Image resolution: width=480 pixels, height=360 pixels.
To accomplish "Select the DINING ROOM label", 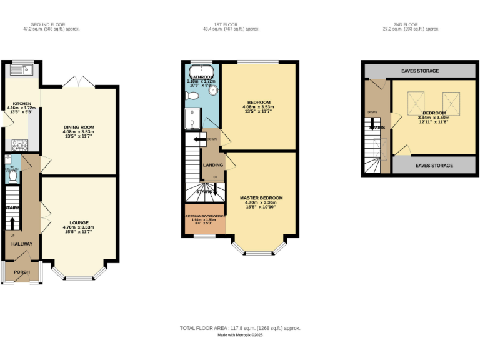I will [79, 127].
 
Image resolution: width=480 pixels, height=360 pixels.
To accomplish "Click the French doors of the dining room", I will [78, 82].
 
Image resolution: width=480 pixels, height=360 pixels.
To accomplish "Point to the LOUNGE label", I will [79, 222].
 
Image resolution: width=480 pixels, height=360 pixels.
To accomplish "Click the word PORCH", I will [22, 272].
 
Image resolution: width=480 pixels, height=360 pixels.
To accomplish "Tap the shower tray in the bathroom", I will [194, 116].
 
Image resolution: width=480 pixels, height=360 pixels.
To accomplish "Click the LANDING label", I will [213, 165].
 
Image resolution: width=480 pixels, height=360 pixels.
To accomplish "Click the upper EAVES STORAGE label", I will [419, 71].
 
